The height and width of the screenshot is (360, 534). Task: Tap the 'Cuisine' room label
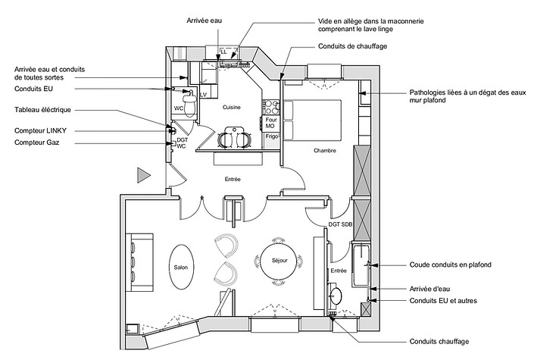pos(231,108)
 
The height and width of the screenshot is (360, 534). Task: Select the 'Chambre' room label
pos(324,150)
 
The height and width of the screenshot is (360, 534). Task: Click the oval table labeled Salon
pos(180,267)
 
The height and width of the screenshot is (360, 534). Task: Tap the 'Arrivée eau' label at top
pos(204,22)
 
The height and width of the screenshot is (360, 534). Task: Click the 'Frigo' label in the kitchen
pos(272,136)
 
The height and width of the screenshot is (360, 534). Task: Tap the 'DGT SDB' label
pos(340,224)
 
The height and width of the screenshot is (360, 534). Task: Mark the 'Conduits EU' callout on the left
pos(37,89)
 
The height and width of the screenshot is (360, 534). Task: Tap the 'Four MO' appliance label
pos(270,123)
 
